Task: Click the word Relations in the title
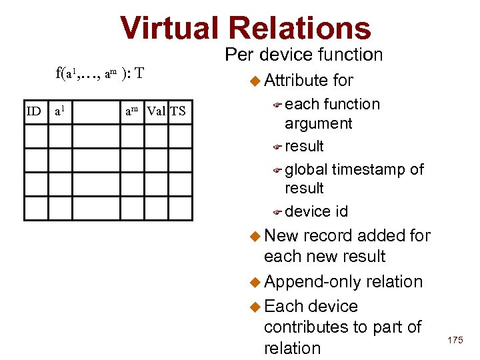299,28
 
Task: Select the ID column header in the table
33,111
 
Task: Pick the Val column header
157,111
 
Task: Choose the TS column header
178,111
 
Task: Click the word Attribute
295,81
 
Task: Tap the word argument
319,123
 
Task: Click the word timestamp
369,169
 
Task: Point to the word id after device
341,211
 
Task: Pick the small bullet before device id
278,212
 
